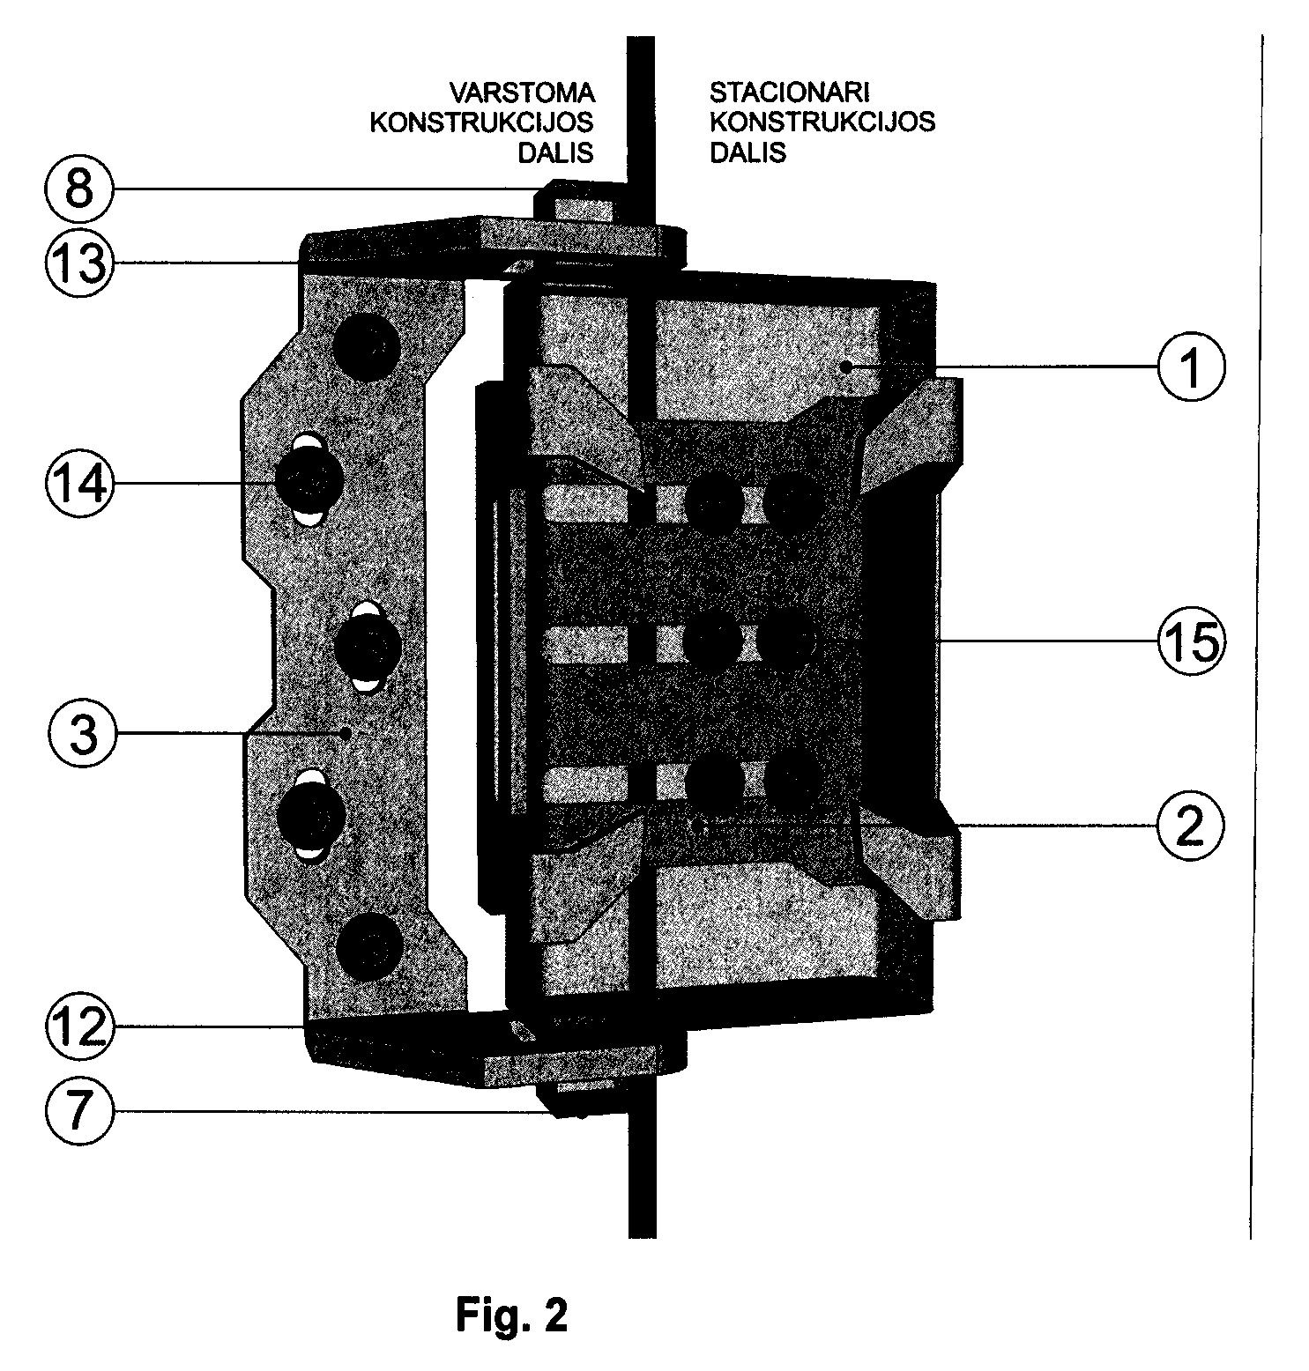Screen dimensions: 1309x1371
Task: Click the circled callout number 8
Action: click(x=79, y=189)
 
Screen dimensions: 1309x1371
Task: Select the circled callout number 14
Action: click(x=79, y=484)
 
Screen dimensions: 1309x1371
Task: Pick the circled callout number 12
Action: click(x=79, y=1027)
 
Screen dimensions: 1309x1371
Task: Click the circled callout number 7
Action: click(x=79, y=1111)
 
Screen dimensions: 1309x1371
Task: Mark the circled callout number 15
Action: click(x=1191, y=642)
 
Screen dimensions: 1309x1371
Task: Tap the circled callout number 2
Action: click(x=1191, y=825)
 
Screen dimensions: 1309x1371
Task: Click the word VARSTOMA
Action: click(x=523, y=93)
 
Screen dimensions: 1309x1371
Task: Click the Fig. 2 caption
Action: click(x=511, y=1315)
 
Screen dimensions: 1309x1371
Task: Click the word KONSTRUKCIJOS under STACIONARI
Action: click(x=822, y=122)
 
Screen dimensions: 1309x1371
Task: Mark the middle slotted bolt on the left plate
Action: click(x=368, y=647)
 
